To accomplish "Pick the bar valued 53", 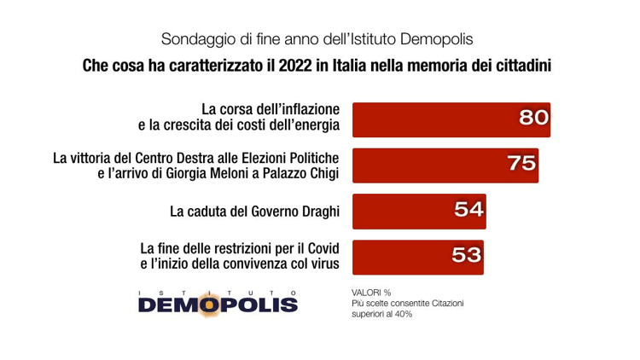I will [401, 255].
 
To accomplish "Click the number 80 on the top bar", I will [533, 118].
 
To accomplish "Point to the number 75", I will [521, 163].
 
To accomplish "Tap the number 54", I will [468, 209].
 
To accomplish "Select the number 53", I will [468, 255].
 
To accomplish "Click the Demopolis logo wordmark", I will [217, 303].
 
